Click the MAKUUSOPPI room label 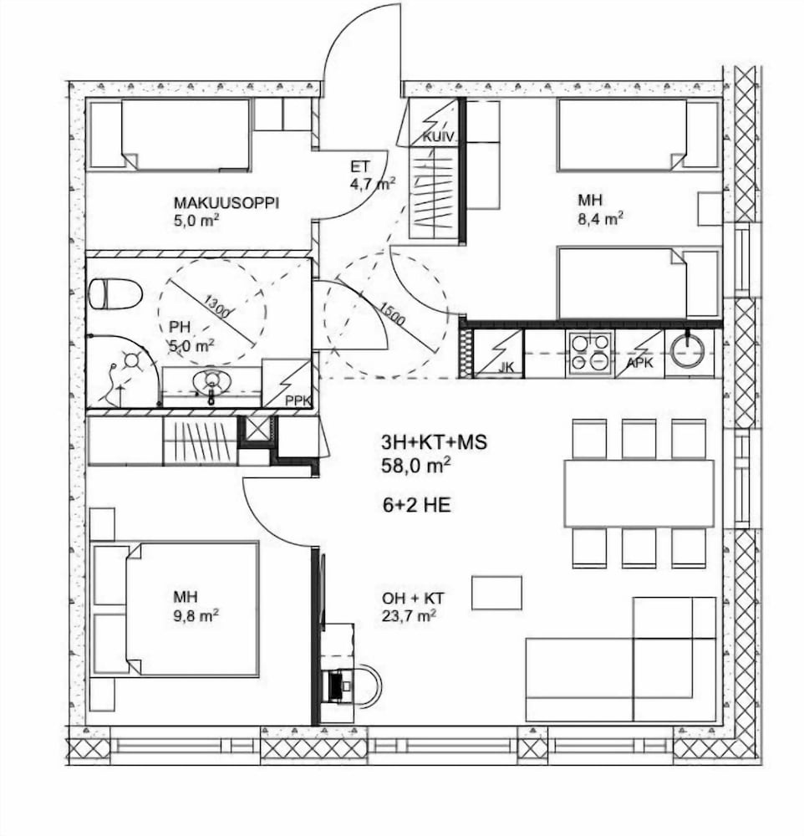[x=226, y=203]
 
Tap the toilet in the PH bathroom [x=115, y=294]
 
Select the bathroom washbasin [x=211, y=382]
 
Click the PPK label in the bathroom [x=298, y=400]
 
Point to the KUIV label [x=438, y=138]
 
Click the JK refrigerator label [x=507, y=367]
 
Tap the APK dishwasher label [x=639, y=363]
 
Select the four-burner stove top [x=591, y=352]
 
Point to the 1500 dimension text [x=392, y=314]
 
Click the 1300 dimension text [x=217, y=307]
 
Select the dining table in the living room [x=639, y=493]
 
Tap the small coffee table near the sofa [x=496, y=593]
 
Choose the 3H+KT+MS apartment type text [x=434, y=442]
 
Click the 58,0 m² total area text [x=416, y=466]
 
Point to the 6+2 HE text [x=417, y=505]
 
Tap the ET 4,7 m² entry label [x=373, y=176]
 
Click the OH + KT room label [x=413, y=599]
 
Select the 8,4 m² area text [x=601, y=218]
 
